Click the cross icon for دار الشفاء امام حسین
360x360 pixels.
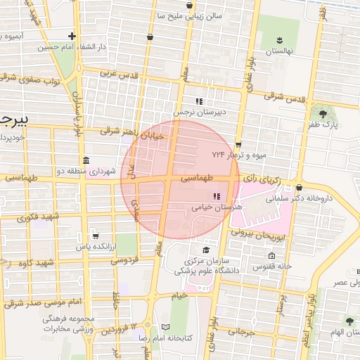coord(72,36)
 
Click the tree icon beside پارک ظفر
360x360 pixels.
coord(323,113)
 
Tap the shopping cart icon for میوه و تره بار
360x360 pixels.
coord(238,143)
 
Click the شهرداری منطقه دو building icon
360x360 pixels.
coord(85,160)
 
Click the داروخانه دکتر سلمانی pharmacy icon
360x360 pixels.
coord(300,188)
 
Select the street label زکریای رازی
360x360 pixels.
coord(261,180)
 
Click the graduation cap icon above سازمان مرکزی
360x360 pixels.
coord(205,250)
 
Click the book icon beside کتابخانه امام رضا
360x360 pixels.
coord(166,327)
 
